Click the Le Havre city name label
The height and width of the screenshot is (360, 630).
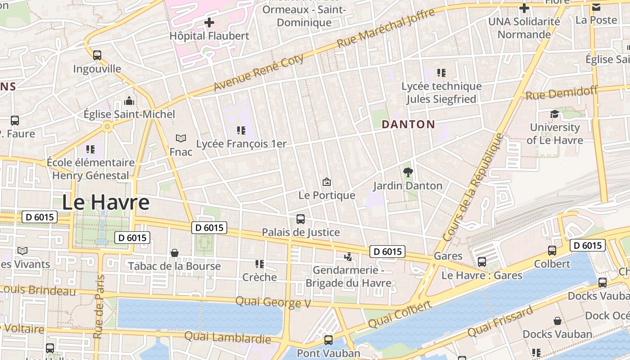click(105, 202)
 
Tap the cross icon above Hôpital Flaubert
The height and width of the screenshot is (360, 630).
click(209, 22)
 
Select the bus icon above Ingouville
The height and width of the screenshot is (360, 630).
click(97, 55)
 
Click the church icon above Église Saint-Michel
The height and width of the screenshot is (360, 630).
click(129, 101)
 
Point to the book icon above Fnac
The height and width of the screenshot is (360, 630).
click(181, 138)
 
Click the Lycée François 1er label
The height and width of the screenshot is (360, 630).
click(241, 144)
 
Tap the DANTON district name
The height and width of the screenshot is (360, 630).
click(408, 125)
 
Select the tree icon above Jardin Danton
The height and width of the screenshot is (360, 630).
click(408, 172)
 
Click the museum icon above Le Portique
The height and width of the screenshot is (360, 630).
click(327, 182)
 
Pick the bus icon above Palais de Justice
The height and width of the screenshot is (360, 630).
click(301, 219)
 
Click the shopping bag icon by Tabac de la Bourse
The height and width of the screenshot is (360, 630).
click(175, 253)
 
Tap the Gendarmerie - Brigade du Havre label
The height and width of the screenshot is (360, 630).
click(348, 277)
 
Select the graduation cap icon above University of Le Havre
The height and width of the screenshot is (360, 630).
click(554, 114)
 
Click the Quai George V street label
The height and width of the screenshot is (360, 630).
click(273, 302)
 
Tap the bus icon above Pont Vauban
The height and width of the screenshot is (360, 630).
click(328, 340)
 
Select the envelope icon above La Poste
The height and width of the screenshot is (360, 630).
click(596, 7)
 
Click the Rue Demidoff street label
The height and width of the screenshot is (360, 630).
click(561, 93)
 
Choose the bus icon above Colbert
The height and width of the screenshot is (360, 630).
click(552, 251)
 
